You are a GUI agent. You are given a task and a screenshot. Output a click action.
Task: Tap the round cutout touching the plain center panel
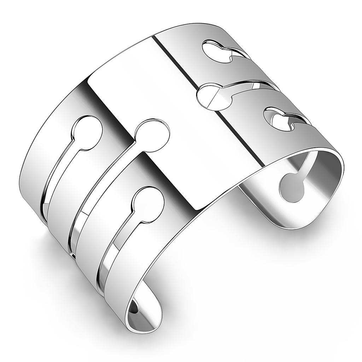tap(152, 135)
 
